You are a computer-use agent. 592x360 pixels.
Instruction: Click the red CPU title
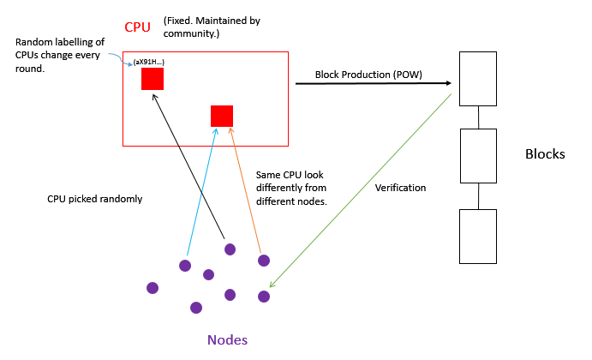tap(138, 27)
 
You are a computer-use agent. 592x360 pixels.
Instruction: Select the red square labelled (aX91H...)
tap(152, 79)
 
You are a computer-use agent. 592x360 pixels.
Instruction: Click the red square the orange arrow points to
tap(222, 116)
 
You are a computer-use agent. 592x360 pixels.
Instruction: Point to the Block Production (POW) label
tap(368, 75)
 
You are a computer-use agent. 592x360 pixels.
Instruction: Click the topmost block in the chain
tap(478, 78)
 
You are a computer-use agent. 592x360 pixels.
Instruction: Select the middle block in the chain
tap(478, 155)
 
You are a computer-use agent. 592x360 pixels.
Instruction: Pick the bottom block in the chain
tap(478, 236)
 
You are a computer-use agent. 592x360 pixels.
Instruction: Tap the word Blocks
tap(545, 155)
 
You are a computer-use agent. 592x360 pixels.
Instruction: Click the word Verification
tap(400, 188)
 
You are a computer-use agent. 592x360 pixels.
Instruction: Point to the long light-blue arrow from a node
tap(201, 195)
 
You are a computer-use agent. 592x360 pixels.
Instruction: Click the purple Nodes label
tap(227, 340)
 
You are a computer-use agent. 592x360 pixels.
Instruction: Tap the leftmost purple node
tap(152, 288)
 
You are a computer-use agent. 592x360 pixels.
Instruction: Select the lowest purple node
tap(196, 307)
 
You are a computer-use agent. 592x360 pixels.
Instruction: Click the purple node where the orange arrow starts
tap(264, 261)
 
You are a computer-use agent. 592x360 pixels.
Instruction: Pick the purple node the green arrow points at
tap(264, 297)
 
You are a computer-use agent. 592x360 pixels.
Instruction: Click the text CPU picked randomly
tap(94, 199)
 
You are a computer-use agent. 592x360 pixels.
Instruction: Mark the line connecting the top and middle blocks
tap(478, 117)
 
